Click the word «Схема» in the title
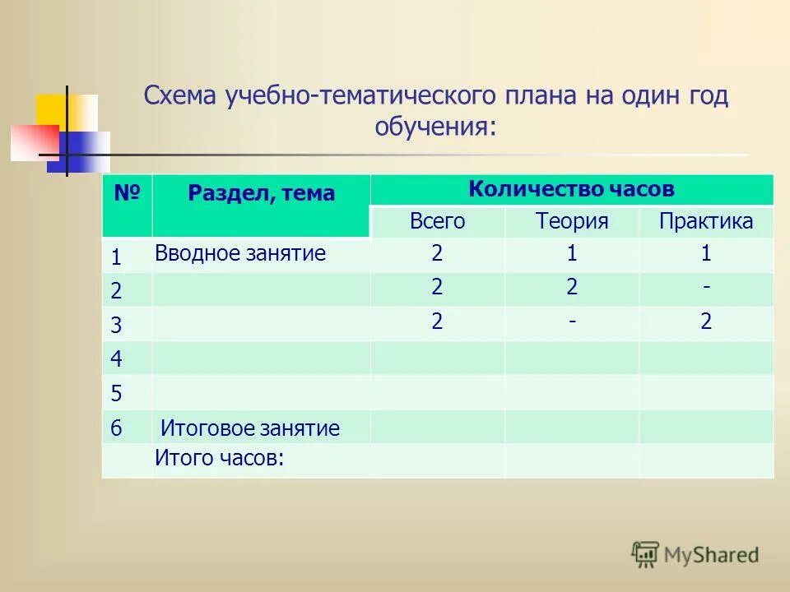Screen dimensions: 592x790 coord(179,96)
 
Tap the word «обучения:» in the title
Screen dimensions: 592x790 coord(436,127)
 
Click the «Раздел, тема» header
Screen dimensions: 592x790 coord(261,193)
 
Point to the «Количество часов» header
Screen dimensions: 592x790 coord(571,189)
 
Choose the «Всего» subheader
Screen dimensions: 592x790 coord(437,221)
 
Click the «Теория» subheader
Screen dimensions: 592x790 coord(571,221)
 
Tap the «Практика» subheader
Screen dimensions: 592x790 coord(706,221)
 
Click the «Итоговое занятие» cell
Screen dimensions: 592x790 coord(249,428)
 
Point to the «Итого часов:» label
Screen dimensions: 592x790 coord(219,460)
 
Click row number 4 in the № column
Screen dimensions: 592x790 coord(116,359)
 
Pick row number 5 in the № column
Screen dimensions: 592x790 coord(116,394)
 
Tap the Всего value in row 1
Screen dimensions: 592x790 coord(437,254)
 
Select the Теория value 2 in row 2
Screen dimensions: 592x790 coord(571,287)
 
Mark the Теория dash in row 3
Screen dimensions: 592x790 coord(571,321)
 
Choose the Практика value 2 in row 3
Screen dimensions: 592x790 coord(706,321)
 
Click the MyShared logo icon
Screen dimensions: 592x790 coord(645,554)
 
